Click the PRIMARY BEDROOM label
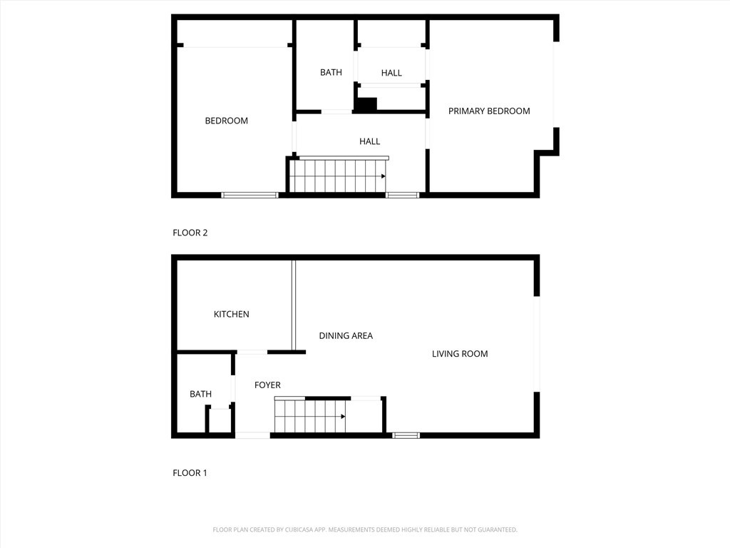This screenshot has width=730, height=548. coord(489,111)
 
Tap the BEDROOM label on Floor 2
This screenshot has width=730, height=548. coord(226,121)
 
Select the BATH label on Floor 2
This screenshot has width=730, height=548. coord(331,72)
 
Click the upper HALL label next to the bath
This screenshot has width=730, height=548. coord(391,73)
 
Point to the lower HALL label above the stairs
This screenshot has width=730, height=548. coord(369,141)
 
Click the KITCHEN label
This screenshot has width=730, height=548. coord(232,314)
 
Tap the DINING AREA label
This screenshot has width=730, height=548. coord(346,335)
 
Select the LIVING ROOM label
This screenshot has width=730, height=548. coord(460,353)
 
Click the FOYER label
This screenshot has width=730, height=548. coord(267,385)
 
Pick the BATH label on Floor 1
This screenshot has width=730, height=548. coord(200,394)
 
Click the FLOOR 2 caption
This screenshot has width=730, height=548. coord(190,233)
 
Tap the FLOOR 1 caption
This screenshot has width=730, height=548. coord(190,472)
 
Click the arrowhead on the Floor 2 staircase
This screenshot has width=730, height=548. coord(384,176)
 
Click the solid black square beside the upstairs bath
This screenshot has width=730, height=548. coord(366,104)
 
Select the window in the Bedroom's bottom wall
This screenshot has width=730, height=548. coord(250,195)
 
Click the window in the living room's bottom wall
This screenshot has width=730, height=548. coord(406,435)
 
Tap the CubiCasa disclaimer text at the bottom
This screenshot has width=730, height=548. coord(365,529)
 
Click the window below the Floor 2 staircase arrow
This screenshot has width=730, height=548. coord(403,195)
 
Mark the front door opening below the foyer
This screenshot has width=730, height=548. coord(253,435)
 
